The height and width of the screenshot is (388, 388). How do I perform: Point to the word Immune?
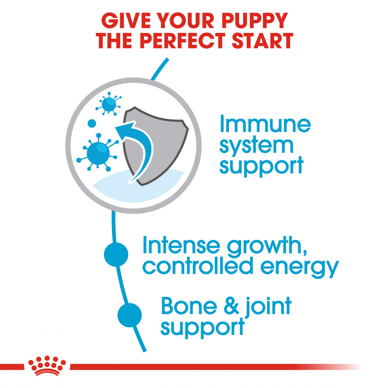point(265,125)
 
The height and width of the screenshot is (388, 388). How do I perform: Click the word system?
point(256,145)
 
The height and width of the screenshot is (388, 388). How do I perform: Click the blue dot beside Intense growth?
point(116,255)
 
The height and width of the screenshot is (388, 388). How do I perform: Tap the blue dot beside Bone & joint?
point(130,315)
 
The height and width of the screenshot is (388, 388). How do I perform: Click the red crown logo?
point(47,366)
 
